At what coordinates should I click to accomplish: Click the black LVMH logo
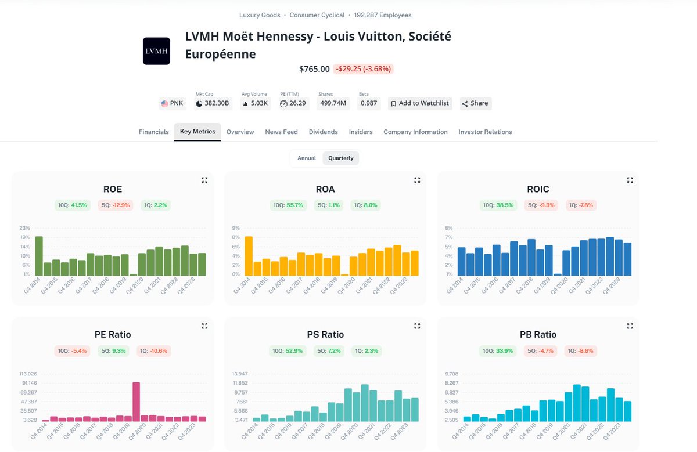pos(156,51)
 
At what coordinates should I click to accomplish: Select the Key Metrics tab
pos(197,132)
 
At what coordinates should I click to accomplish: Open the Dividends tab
pos(323,132)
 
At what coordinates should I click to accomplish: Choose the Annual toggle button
pos(307,158)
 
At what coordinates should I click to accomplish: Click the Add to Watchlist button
pos(420,103)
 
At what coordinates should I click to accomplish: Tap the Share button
pos(475,103)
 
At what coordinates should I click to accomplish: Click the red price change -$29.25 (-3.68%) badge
pos(364,69)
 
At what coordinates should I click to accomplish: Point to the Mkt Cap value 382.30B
pos(217,103)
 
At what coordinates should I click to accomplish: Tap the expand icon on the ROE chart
pos(204,180)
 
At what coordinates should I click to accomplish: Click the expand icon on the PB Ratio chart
pos(630,326)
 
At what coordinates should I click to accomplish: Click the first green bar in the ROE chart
pos(39,256)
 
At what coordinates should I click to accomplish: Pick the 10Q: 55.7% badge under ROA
pos(289,205)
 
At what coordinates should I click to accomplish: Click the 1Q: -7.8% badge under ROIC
pos(581,205)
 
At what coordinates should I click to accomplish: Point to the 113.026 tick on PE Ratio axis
pos(27,373)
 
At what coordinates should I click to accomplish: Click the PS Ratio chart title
pos(325,334)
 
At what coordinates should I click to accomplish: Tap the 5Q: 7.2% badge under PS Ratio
pos(329,350)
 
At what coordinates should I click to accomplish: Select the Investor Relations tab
pos(485,132)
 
